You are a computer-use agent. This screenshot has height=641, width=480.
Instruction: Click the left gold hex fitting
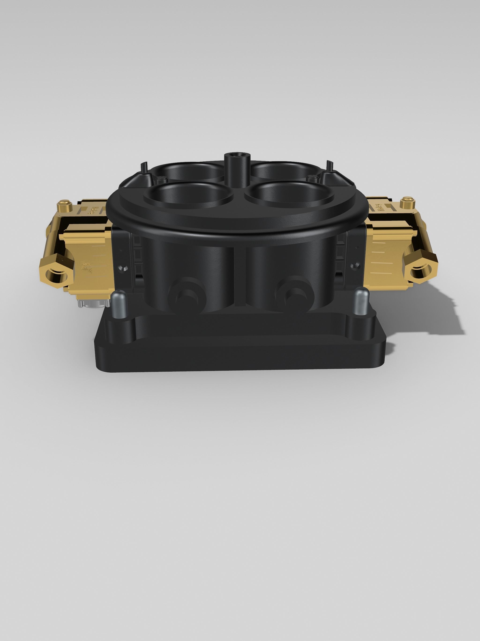point(56,273)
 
